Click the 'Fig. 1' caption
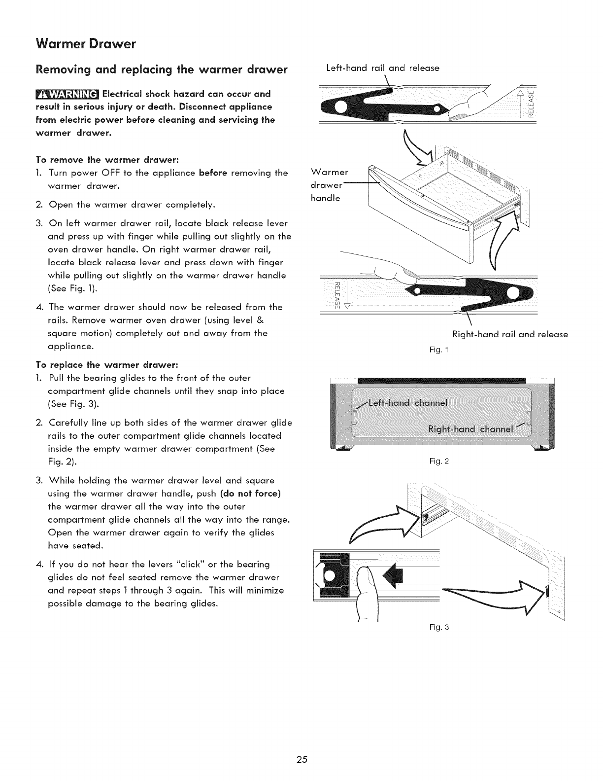tap(437, 350)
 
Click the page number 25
tap(301, 759)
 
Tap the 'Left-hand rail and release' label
tap(382, 68)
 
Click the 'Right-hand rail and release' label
tap(509, 334)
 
